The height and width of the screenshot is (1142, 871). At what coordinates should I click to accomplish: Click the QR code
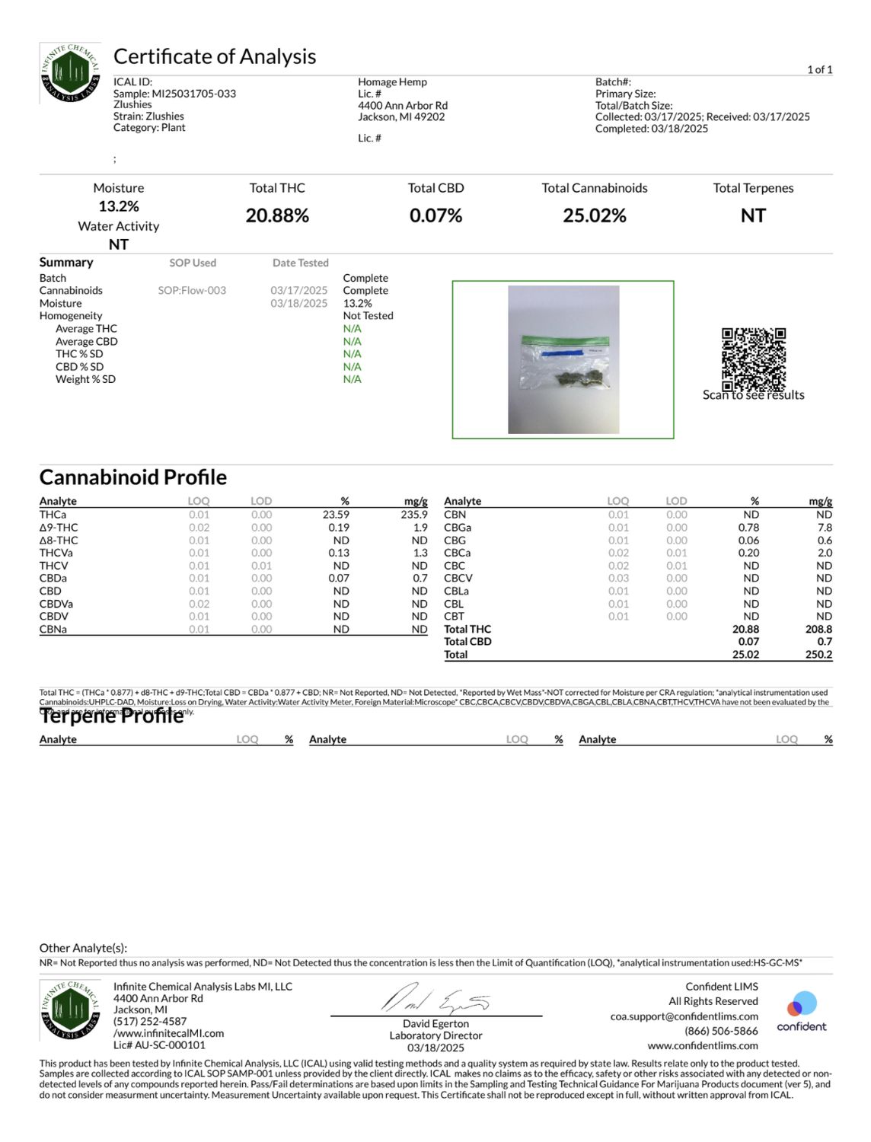pyautogui.click(x=753, y=359)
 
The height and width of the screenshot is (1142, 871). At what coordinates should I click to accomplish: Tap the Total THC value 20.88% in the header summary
pyautogui.click(x=277, y=216)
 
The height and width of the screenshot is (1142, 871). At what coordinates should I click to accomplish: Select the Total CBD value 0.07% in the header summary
pyautogui.click(x=435, y=216)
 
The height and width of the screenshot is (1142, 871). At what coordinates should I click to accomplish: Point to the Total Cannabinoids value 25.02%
pyautogui.click(x=594, y=216)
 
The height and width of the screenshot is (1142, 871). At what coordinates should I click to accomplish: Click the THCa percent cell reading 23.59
pyautogui.click(x=336, y=515)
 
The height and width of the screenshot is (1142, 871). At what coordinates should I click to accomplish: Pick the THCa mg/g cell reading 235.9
pyautogui.click(x=414, y=515)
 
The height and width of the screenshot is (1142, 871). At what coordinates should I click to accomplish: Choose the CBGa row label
pyautogui.click(x=458, y=528)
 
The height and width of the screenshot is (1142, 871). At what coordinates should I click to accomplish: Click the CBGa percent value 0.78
pyautogui.click(x=748, y=528)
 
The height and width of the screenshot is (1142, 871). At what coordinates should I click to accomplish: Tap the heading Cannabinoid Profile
pyautogui.click(x=133, y=477)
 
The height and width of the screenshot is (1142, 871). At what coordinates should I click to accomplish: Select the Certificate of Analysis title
pyautogui.click(x=215, y=57)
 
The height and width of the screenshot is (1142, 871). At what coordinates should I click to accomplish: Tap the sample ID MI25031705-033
pyautogui.click(x=193, y=94)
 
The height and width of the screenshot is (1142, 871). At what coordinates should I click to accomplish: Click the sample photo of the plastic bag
pyautogui.click(x=563, y=359)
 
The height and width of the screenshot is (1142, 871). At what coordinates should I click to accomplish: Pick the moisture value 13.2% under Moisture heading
pyautogui.click(x=119, y=206)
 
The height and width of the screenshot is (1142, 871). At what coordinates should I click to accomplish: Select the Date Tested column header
pyautogui.click(x=301, y=263)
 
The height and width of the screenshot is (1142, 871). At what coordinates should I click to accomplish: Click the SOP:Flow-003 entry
pyautogui.click(x=192, y=291)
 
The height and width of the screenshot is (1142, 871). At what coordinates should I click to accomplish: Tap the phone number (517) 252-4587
pyautogui.click(x=150, y=1022)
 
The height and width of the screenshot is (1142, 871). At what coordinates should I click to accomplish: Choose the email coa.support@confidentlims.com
pyautogui.click(x=684, y=1016)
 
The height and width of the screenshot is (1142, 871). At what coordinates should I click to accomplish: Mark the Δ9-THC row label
pyautogui.click(x=59, y=528)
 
